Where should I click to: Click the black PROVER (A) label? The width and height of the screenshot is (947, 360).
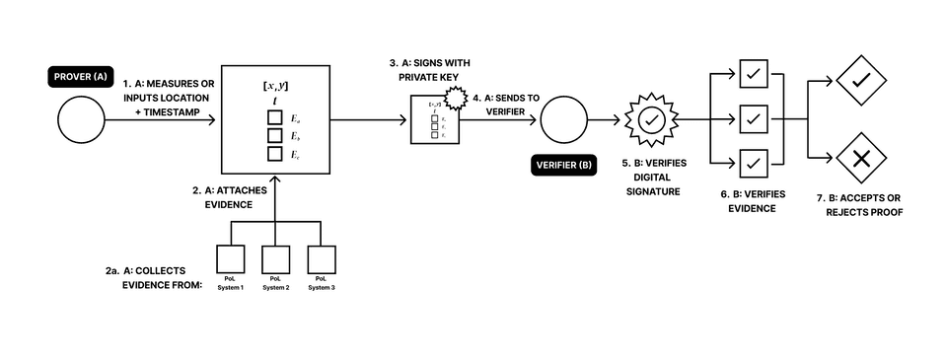(82, 75)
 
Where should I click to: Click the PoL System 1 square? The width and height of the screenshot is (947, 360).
(231, 259)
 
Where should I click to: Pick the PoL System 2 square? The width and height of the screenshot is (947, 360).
(275, 259)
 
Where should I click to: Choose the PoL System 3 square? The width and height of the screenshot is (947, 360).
(320, 259)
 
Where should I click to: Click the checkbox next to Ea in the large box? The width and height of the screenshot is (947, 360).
(276, 119)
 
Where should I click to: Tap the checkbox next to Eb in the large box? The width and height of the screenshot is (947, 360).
(276, 137)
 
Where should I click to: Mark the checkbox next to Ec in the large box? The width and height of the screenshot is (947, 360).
(276, 154)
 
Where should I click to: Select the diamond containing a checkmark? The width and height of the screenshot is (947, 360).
(861, 79)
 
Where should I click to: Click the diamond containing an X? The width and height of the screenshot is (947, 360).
(861, 158)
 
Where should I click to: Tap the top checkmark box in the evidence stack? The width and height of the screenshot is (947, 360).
(754, 74)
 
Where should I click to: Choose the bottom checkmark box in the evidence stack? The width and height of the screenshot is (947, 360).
(754, 161)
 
